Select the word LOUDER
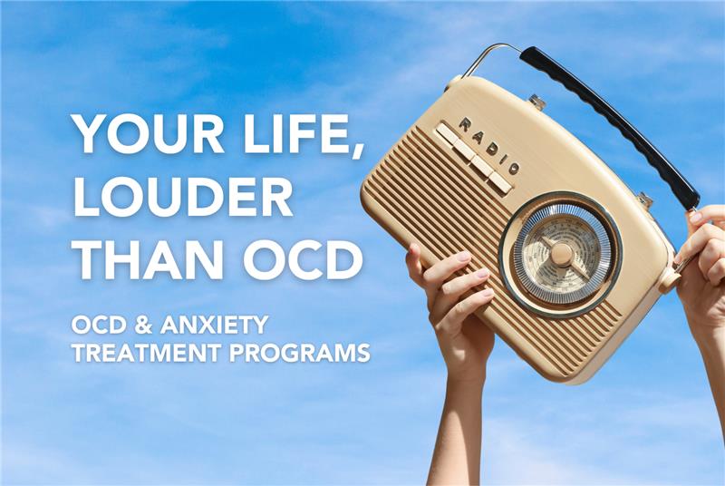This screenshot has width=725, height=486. click(183, 198)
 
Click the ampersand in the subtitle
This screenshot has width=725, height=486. click(144, 325)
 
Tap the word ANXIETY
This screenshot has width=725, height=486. click(214, 325)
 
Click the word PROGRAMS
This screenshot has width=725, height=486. click(300, 353)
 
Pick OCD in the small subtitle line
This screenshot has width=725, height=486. click(100, 325)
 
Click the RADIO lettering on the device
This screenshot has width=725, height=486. click(488, 146)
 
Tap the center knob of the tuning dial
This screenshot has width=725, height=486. click(561, 254)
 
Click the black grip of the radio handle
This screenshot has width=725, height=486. click(610, 126)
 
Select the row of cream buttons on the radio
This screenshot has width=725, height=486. click(474, 157)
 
